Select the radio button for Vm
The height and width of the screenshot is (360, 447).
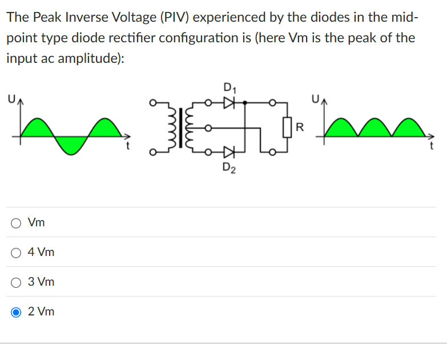click(17, 222)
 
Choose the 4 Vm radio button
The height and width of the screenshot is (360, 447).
click(17, 252)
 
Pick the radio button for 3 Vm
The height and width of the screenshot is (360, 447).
click(17, 282)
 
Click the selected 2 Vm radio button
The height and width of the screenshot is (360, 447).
click(17, 311)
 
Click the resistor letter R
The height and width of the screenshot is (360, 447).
click(300, 126)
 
